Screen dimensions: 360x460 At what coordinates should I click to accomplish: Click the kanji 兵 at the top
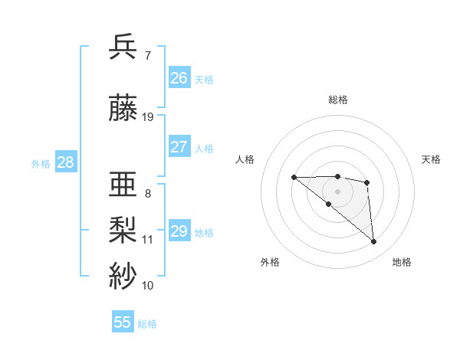(x=124, y=47)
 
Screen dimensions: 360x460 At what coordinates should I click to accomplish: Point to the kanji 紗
(x=124, y=274)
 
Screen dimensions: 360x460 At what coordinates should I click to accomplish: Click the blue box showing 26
(x=179, y=78)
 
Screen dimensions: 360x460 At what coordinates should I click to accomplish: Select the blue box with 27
(x=179, y=147)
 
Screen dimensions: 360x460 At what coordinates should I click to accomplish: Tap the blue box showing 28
(x=65, y=162)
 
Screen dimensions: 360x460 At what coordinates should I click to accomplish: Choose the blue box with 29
(x=179, y=231)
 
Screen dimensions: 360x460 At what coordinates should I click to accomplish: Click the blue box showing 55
(x=123, y=322)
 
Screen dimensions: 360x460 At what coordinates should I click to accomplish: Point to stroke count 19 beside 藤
(x=148, y=117)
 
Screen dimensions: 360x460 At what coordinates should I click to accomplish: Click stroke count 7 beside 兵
(x=147, y=56)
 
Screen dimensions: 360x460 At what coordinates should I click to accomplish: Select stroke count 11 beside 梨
(x=148, y=240)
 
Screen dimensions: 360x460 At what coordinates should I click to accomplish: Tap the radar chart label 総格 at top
(x=338, y=100)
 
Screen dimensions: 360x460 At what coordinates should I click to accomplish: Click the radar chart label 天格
(x=431, y=159)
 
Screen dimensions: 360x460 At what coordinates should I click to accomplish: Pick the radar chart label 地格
(x=402, y=263)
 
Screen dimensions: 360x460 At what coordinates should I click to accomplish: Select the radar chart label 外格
(x=270, y=263)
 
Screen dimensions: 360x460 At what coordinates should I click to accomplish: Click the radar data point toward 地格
(x=374, y=242)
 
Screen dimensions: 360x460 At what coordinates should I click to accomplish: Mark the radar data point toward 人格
(x=294, y=178)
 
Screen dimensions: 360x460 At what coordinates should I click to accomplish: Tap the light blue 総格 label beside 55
(x=148, y=324)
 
